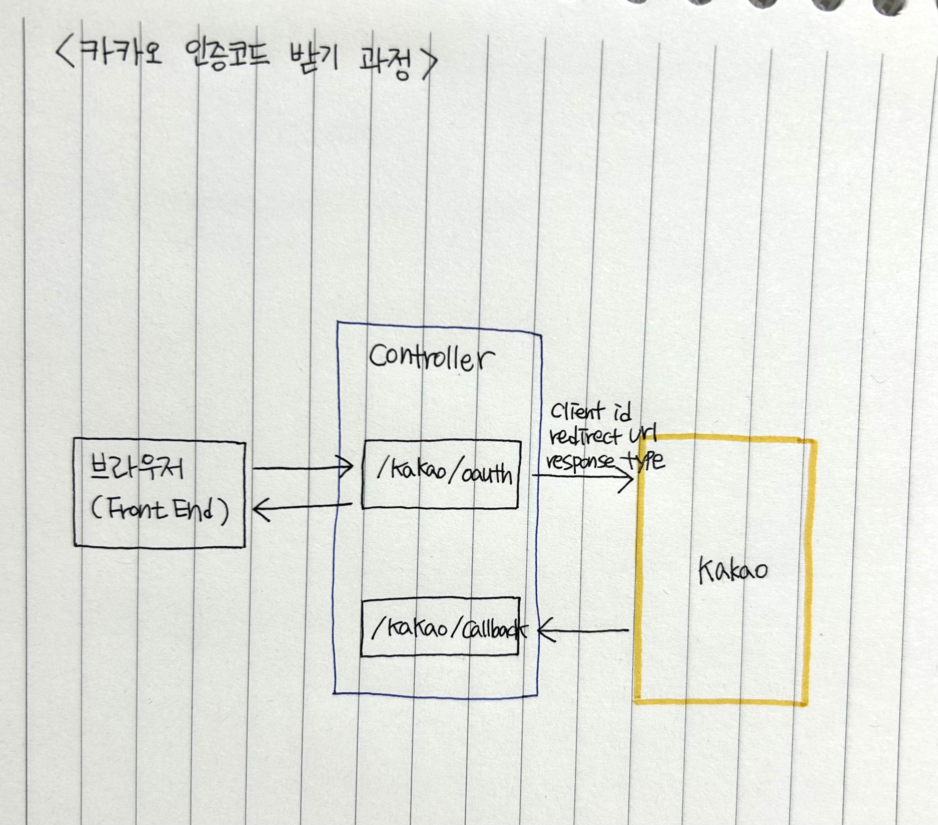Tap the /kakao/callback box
point(440,627)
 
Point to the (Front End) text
point(160,510)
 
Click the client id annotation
point(590,411)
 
